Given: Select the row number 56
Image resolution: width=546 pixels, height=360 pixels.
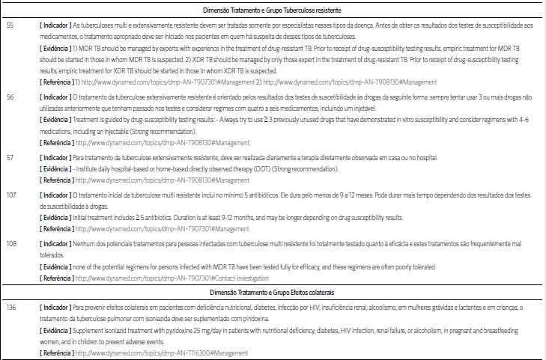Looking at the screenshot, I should click(10, 97).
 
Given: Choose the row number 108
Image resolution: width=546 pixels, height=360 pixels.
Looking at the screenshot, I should click(11, 243).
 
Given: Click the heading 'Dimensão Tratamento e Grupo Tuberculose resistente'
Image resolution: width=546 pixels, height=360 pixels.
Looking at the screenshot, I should click(273, 10).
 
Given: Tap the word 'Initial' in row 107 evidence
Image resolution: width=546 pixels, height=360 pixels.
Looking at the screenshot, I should click(81, 217).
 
